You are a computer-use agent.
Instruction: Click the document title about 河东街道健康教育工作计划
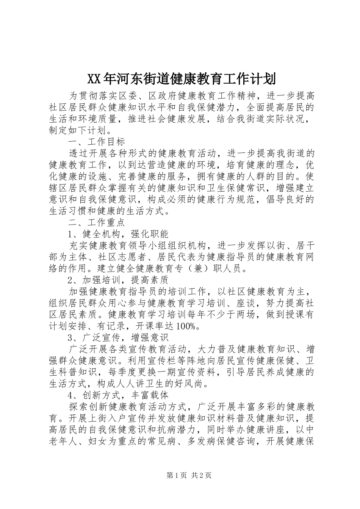(x=181, y=79)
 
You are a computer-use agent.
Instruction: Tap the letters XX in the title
(x=94, y=80)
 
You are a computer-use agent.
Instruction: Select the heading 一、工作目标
(x=97, y=142)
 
